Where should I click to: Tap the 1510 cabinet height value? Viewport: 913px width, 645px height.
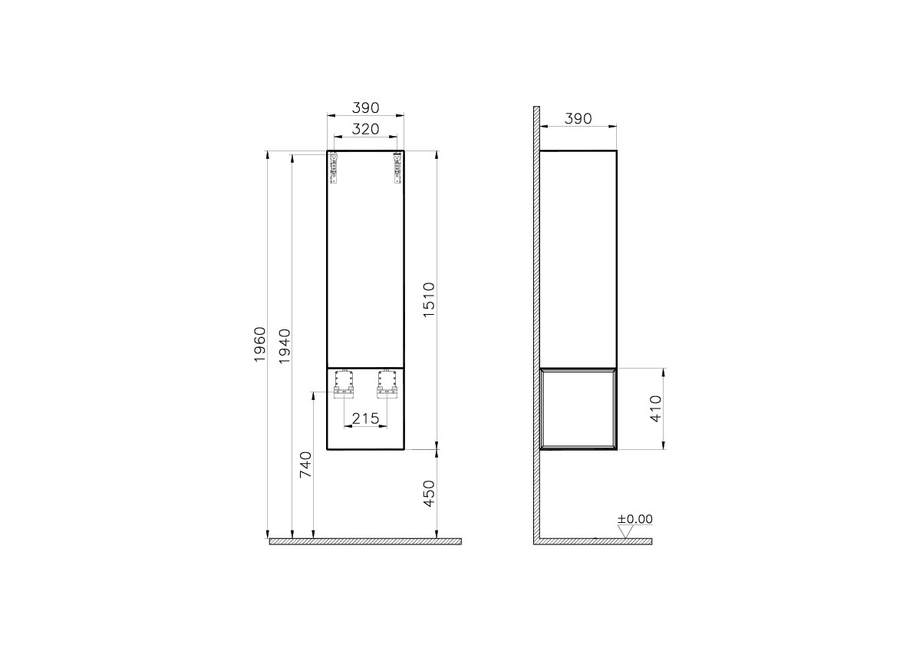pyautogui.click(x=429, y=300)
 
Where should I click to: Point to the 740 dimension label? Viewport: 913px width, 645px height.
pyautogui.click(x=305, y=465)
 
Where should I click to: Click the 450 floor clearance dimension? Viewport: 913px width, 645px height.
pyautogui.click(x=429, y=494)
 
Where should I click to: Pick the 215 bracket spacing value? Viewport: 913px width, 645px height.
pyautogui.click(x=365, y=418)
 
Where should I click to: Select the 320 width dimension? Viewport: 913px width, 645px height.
pyautogui.click(x=365, y=130)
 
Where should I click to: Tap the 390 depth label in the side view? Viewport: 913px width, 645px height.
pyautogui.click(x=578, y=118)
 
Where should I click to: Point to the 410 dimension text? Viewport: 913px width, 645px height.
pyautogui.click(x=654, y=408)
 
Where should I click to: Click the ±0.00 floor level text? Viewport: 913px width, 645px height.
pyautogui.click(x=635, y=519)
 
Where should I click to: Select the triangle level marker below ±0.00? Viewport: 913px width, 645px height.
pyautogui.click(x=625, y=531)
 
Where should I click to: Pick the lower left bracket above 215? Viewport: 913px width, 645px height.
pyautogui.click(x=343, y=385)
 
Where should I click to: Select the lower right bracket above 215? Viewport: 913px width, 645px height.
pyautogui.click(x=387, y=385)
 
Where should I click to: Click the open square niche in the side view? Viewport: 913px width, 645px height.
pyautogui.click(x=578, y=408)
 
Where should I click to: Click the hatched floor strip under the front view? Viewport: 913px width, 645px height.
pyautogui.click(x=365, y=541)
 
